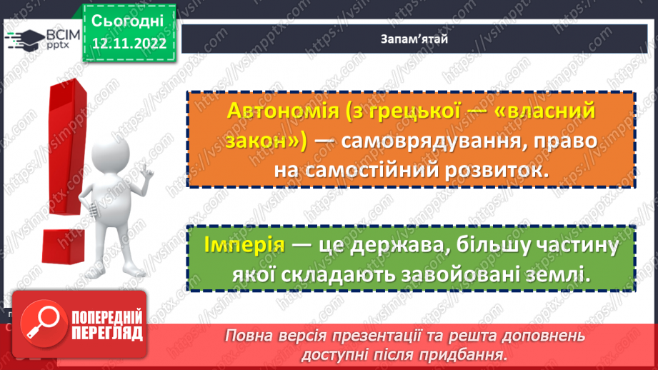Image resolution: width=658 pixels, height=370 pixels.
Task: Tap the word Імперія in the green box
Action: click(x=243, y=245)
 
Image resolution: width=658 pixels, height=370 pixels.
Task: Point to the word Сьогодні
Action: click(x=128, y=20)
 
